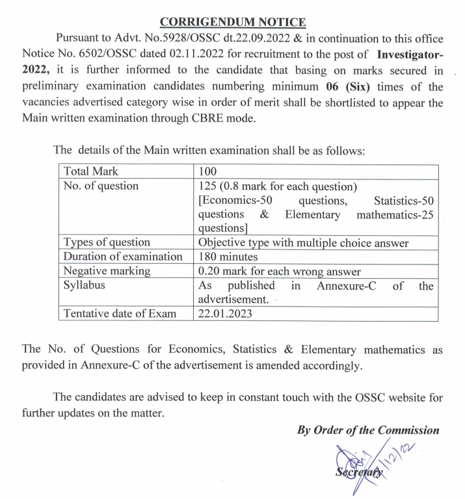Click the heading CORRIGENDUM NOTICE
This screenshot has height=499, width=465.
(x=232, y=23)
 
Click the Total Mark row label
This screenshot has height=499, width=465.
(x=91, y=172)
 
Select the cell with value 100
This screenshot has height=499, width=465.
(x=207, y=172)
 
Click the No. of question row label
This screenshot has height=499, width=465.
(x=101, y=186)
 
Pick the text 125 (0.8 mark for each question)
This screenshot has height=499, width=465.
(x=278, y=186)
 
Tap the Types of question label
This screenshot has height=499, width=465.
(x=107, y=242)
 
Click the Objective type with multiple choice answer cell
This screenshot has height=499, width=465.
(x=303, y=242)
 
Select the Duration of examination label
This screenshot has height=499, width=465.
(x=123, y=257)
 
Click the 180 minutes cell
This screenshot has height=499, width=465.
(x=228, y=257)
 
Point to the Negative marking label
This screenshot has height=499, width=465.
(x=107, y=271)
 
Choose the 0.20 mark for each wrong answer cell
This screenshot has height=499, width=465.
(x=279, y=271)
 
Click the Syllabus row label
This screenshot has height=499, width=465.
(x=85, y=285)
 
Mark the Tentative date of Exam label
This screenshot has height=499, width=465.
(x=120, y=314)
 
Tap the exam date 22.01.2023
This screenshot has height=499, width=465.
(x=225, y=314)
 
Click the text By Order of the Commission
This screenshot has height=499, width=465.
(x=368, y=430)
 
